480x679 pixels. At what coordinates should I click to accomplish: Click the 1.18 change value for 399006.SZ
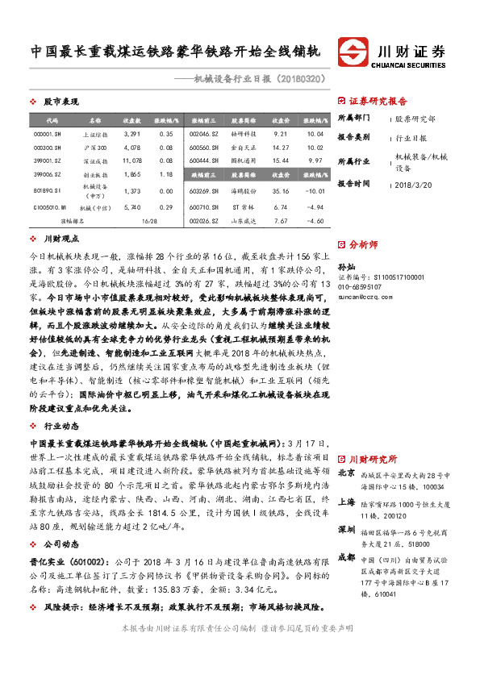click(167, 173)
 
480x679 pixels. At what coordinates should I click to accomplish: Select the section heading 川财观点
click(61, 239)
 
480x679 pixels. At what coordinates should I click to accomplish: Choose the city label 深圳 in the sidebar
click(347, 529)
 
